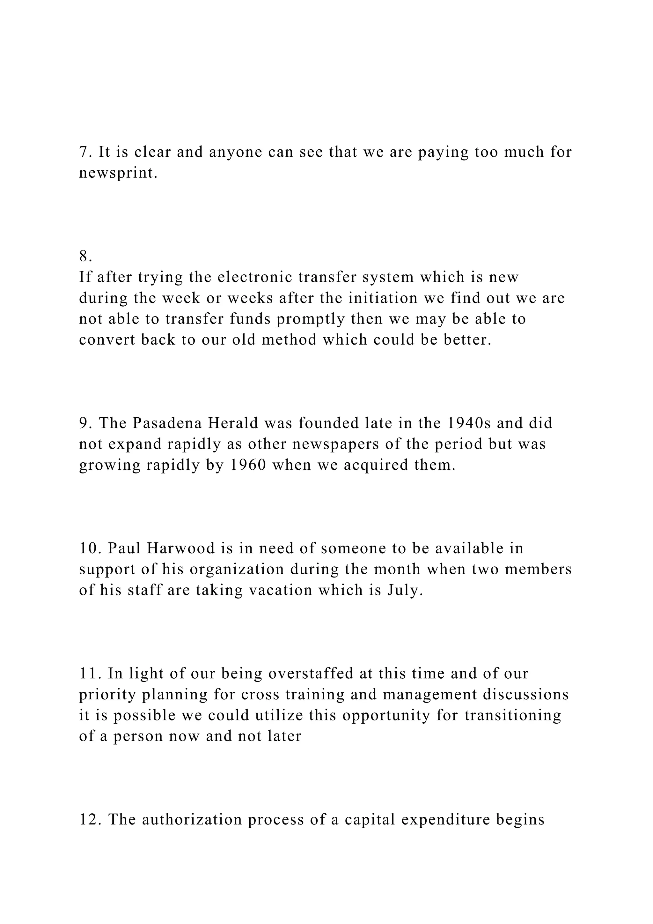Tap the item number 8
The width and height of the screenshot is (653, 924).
(85, 256)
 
